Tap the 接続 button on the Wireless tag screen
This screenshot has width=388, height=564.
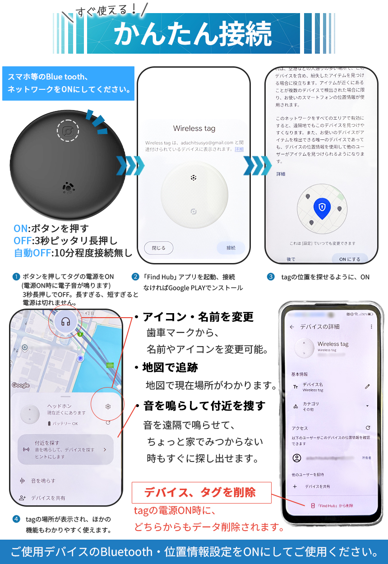coord(231,248)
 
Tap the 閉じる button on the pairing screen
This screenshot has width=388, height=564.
coord(158,248)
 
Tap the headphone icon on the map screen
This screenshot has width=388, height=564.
coord(66,322)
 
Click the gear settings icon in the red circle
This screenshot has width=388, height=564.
coord(108,407)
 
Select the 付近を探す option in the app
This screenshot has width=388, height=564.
coord(65,449)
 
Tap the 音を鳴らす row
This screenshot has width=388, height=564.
coord(43,481)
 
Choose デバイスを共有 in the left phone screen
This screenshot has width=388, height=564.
coord(47,498)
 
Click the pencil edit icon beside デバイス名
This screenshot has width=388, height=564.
coord(367,387)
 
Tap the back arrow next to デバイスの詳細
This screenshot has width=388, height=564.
coord(292,327)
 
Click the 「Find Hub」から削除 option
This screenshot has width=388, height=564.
coord(332,505)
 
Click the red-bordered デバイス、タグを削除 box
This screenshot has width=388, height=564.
coord(201,493)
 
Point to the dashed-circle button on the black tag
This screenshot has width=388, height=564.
coord(68,131)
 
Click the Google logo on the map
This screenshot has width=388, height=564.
coord(21,385)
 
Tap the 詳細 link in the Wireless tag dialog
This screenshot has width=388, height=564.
coord(239,149)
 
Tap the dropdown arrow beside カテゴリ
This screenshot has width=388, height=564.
coord(367,406)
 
